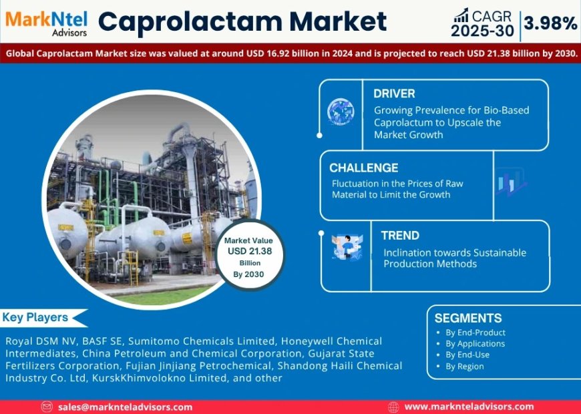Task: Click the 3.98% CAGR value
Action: [x=551, y=24]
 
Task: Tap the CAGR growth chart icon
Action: [x=461, y=14]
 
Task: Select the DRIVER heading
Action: [x=394, y=93]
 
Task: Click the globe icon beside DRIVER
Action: [x=341, y=112]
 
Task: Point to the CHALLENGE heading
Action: [x=363, y=168]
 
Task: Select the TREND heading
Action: [x=400, y=235]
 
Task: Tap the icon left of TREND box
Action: [x=347, y=247]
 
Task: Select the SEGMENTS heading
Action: [x=468, y=318]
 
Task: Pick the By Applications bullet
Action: [x=475, y=344]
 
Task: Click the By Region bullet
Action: [x=464, y=367]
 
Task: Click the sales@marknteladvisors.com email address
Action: [x=125, y=407]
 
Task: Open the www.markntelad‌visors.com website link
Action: [x=469, y=407]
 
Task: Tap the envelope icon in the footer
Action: [x=47, y=407]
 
